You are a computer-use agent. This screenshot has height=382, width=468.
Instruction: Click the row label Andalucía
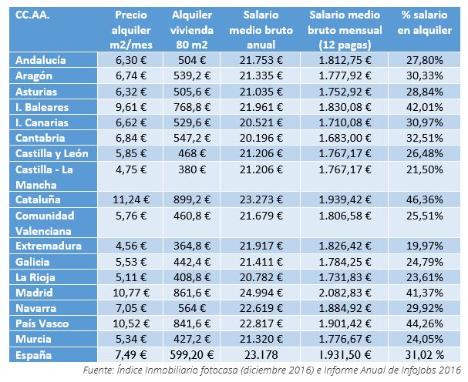[x=42, y=60]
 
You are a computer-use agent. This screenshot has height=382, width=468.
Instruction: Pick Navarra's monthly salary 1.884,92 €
[x=344, y=307]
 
